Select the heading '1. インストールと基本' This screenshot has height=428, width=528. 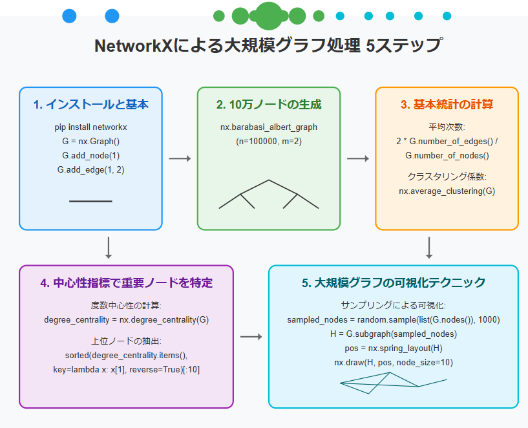click(90, 105)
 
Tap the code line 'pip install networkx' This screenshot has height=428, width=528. click(90, 127)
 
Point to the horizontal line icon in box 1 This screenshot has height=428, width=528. click(90, 201)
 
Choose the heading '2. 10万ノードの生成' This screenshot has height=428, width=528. click(269, 105)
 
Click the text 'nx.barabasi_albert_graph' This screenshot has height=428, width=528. click(269, 127)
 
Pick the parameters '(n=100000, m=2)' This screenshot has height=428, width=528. click(269, 141)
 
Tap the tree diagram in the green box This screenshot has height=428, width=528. click(269, 194)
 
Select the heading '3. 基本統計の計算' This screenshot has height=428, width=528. click(447, 105)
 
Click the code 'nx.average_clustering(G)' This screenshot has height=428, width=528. click(447, 191)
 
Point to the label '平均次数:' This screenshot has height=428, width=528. click(447, 127)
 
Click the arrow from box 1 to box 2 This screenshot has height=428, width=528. click(180, 158)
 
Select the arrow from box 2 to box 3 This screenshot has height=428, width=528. click(358, 158)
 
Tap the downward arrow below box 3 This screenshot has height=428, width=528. click(429, 247)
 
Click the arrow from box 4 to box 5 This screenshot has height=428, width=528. click(251, 337)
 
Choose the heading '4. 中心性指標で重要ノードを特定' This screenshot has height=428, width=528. click(126, 283)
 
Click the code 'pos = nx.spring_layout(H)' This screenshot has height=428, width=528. click(393, 348)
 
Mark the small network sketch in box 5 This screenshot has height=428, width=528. click(393, 385)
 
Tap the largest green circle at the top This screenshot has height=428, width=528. click(268, 16)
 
